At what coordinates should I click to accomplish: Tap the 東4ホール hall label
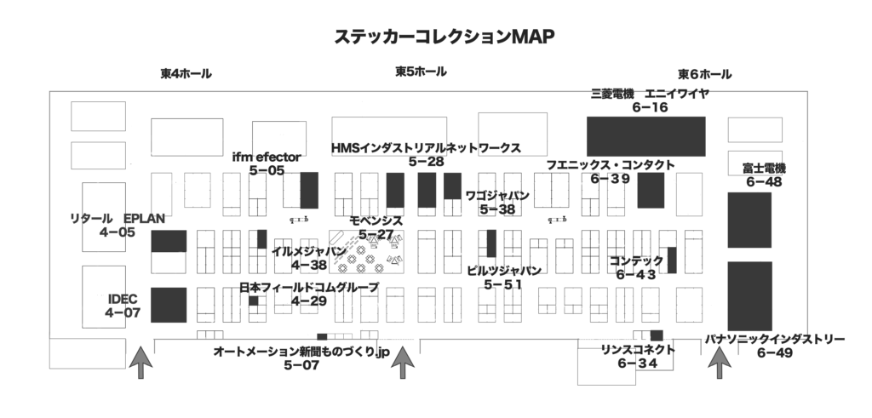pos(186,74)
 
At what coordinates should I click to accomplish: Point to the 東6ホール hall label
pos(704,74)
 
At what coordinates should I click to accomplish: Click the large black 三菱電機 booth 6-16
pos(646,137)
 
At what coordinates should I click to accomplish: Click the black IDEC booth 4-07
pos(168,306)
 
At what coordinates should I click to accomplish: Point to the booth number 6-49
pos(773,352)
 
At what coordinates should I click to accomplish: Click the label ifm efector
pos(267,157)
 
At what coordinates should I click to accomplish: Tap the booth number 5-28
pos(426,161)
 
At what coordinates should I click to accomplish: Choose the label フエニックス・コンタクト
pos(611,165)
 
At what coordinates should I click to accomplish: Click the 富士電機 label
pos(764,168)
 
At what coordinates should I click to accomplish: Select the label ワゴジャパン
pos(497,196)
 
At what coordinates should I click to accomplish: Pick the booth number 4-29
pos(308,301)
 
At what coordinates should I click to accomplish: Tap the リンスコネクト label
pos(638,350)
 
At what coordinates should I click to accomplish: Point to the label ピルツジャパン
pos(503,271)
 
